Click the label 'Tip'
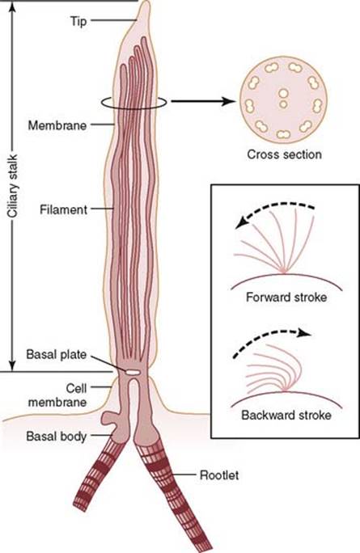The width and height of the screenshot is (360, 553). (x=78, y=21)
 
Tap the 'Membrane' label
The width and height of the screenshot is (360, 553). (x=57, y=125)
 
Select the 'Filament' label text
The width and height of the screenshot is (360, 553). (x=64, y=210)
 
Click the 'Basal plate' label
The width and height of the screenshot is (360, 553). (x=57, y=354)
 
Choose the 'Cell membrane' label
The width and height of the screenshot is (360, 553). (x=57, y=395)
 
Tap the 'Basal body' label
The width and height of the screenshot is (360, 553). (x=57, y=437)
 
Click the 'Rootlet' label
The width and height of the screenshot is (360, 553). (x=219, y=475)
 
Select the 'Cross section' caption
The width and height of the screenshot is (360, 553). (x=284, y=154)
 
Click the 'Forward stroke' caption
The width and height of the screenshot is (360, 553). (x=286, y=297)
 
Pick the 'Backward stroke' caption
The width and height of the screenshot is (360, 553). (x=286, y=415)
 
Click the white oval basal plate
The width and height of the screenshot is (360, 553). (x=133, y=371)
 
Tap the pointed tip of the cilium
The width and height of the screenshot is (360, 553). (x=145, y=2)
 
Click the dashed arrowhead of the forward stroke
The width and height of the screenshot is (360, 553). (x=241, y=223)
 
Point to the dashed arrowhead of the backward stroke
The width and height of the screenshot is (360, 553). (x=304, y=333)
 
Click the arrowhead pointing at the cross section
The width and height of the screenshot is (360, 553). (x=229, y=102)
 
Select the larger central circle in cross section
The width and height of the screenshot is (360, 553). (x=283, y=94)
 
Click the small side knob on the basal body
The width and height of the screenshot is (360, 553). (x=108, y=417)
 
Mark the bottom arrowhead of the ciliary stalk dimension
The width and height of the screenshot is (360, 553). (x=13, y=365)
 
